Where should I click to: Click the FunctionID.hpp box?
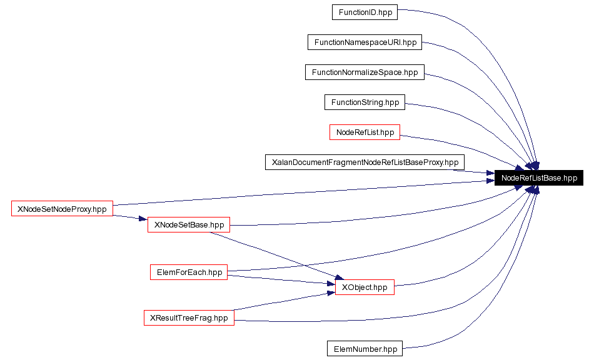click(x=365, y=12)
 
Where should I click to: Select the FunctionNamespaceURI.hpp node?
click(x=365, y=42)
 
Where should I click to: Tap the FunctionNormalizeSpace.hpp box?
click(x=365, y=72)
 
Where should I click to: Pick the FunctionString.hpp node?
click(x=365, y=102)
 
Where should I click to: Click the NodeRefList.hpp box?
click(x=365, y=132)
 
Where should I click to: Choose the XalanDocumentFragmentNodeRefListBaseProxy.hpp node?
click(x=365, y=162)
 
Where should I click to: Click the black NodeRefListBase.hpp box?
click(x=539, y=178)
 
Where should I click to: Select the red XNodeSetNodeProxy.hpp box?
click(x=62, y=209)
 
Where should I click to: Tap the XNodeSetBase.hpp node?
click(x=189, y=224)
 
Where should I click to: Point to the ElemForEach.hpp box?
click(x=188, y=272)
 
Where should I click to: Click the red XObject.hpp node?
click(x=365, y=287)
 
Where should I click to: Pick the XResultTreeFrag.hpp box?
click(x=189, y=317)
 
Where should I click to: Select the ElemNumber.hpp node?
click(x=365, y=348)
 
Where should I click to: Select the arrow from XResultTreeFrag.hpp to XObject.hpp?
click(x=281, y=301)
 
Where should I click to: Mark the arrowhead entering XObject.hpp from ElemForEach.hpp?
click(x=331, y=284)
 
